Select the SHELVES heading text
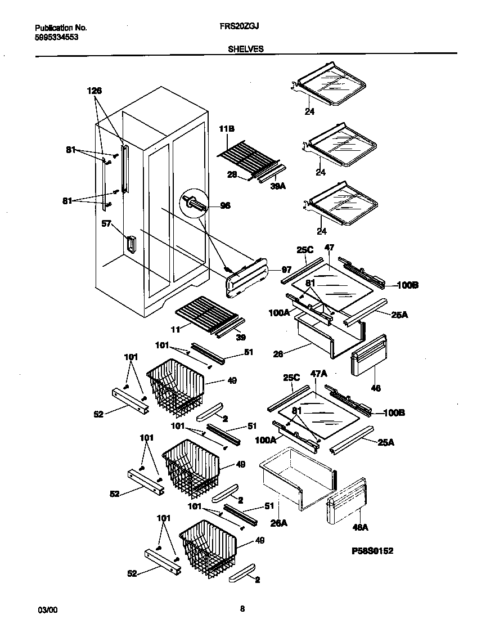tap(246, 49)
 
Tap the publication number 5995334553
tap(56, 37)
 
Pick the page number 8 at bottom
tap(242, 608)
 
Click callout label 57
tap(106, 224)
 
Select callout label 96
tap(225, 205)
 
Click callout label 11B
tap(226, 129)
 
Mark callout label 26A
tap(279, 523)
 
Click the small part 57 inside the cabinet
tap(130, 246)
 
